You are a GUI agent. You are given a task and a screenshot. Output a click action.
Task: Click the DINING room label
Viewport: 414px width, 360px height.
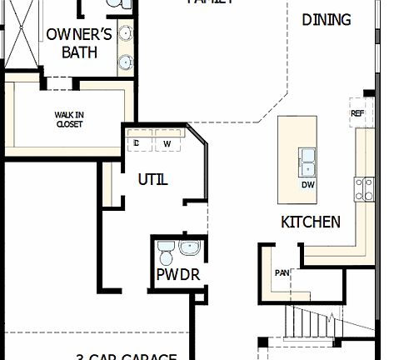click(326, 19)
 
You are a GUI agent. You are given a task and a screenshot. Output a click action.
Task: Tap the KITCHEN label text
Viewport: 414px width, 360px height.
click(310, 222)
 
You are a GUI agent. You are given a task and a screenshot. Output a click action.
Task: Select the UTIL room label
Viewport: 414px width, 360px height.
click(152, 179)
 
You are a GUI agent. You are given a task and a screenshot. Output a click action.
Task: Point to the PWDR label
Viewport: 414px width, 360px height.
click(178, 273)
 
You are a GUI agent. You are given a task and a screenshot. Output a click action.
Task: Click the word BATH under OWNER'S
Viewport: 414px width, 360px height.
click(80, 52)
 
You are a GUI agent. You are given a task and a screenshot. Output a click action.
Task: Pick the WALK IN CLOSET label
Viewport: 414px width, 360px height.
click(69, 120)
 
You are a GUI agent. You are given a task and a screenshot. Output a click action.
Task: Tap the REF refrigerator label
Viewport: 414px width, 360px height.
click(357, 113)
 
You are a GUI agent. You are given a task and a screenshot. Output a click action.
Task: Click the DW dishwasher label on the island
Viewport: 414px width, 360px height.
click(307, 184)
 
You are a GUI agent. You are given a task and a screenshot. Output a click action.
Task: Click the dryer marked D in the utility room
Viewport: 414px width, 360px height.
click(137, 142)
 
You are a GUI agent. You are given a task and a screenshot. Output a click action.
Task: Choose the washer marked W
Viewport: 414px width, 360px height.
click(167, 143)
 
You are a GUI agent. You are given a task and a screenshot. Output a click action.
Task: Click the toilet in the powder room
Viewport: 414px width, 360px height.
click(166, 249)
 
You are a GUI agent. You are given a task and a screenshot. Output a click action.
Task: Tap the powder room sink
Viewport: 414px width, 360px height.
click(190, 247)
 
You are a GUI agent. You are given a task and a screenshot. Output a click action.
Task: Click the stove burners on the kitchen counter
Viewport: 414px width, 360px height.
click(364, 189)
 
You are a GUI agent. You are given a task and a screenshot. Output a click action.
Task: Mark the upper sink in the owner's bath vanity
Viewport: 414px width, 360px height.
click(126, 33)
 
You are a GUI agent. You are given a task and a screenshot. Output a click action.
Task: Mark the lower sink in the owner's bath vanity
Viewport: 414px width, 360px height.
click(126, 61)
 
